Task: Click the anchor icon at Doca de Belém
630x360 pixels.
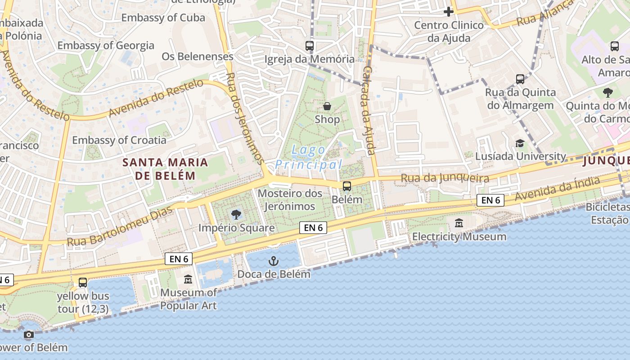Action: point(274,261)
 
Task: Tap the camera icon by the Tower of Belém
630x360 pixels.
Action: point(29,335)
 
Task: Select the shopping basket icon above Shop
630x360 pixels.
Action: point(327,107)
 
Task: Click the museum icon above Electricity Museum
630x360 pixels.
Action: point(459,223)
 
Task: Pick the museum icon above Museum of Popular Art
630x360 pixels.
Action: point(188,280)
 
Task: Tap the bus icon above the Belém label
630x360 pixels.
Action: point(347,186)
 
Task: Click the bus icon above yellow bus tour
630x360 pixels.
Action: point(83,283)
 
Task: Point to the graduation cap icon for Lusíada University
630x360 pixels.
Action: point(520,143)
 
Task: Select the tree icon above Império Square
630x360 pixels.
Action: point(236,215)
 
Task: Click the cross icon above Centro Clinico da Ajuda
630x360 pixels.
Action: point(449,12)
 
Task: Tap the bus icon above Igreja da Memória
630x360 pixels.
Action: point(310,45)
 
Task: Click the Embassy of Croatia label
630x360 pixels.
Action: point(119,140)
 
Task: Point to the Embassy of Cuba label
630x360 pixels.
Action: point(163,18)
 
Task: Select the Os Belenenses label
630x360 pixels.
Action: point(198,56)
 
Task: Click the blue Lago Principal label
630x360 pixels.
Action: point(309,157)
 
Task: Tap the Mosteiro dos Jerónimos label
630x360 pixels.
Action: point(290,200)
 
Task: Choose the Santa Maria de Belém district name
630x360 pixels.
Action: point(166,169)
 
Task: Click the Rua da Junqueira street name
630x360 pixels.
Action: point(445,178)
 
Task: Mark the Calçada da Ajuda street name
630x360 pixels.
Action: point(369,110)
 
